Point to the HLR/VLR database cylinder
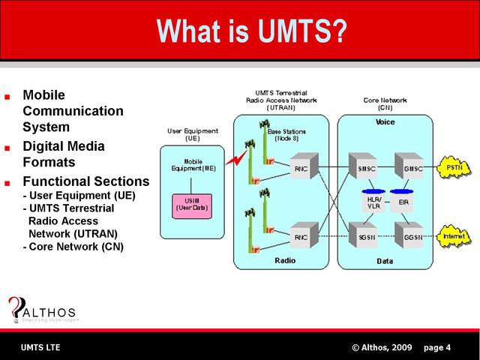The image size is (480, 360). pyautogui.click(x=374, y=202)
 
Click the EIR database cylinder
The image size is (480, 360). pyautogui.click(x=403, y=201)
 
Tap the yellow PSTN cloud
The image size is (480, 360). pyautogui.click(x=454, y=167)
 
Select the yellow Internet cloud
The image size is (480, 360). pyautogui.click(x=454, y=236)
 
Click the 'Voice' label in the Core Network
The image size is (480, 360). pyautogui.click(x=385, y=121)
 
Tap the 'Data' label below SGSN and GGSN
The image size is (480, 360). pyautogui.click(x=385, y=261)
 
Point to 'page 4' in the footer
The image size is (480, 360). pyautogui.click(x=437, y=347)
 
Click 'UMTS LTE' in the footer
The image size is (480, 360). pyautogui.click(x=40, y=347)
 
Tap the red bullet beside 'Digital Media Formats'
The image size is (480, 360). pyautogui.click(x=8, y=147)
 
